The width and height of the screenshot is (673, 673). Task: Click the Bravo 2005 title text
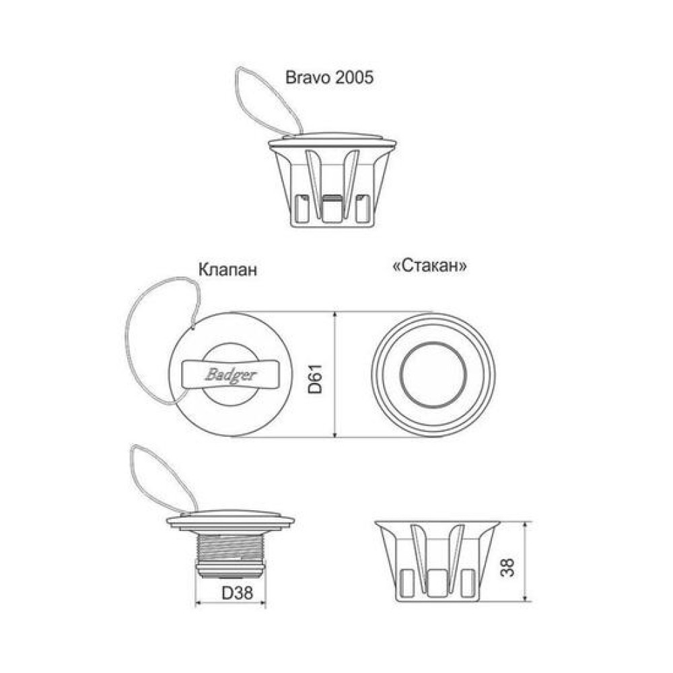click(329, 77)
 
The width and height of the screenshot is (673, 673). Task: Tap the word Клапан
click(227, 270)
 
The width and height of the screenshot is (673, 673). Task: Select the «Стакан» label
click(429, 266)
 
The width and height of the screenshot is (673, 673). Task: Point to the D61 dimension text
click(316, 378)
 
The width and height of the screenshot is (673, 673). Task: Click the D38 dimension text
click(238, 593)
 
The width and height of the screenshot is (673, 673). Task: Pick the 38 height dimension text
click(507, 567)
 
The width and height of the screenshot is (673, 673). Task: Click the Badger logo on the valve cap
click(230, 375)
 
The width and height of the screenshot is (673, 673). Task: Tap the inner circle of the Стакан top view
click(433, 375)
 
